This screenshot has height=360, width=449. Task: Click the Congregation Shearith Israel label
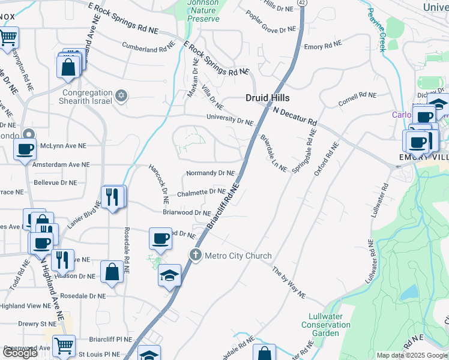tap(88, 97)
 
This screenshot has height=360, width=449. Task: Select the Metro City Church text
tap(238, 256)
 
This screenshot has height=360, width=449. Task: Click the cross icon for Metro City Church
tap(195, 256)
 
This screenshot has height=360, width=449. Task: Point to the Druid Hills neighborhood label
tap(268, 98)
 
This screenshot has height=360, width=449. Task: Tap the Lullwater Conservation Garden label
tap(326, 325)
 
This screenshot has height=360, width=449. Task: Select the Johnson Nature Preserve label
tap(203, 10)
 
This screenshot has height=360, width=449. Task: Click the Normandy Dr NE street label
tap(210, 173)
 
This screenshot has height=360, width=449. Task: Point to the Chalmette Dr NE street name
tap(201, 193)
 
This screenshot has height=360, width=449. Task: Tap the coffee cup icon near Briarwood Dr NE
tap(160, 238)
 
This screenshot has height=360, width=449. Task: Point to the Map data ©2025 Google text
tap(411, 355)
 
